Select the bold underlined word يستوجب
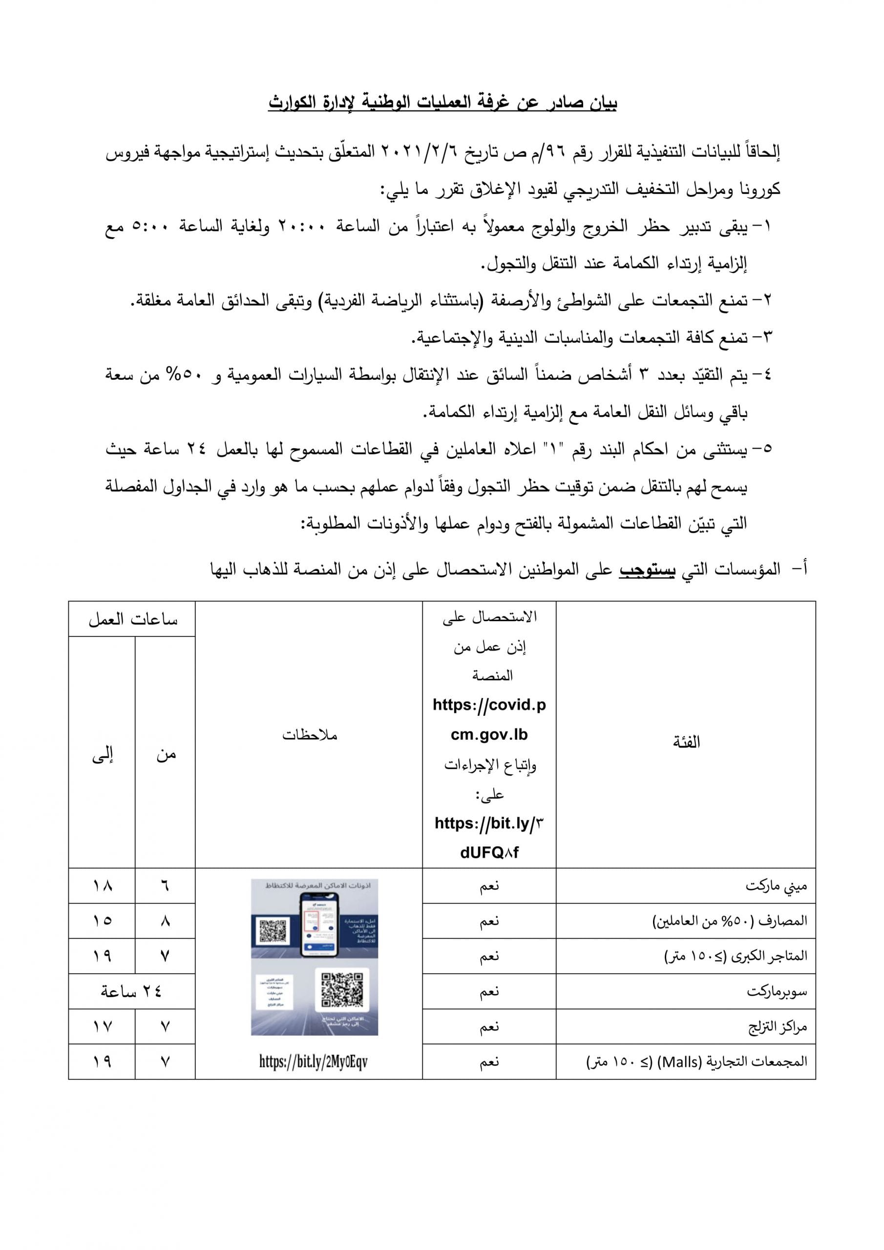click(x=648, y=570)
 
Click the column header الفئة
click(x=686, y=742)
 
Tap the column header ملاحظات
click(x=309, y=735)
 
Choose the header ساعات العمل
click(x=132, y=620)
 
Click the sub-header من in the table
click(x=166, y=754)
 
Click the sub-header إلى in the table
click(x=102, y=754)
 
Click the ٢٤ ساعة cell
click(x=131, y=991)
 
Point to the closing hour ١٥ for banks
click(x=102, y=920)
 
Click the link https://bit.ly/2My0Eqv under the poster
click(x=313, y=1061)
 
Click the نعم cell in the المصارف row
click(x=488, y=920)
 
